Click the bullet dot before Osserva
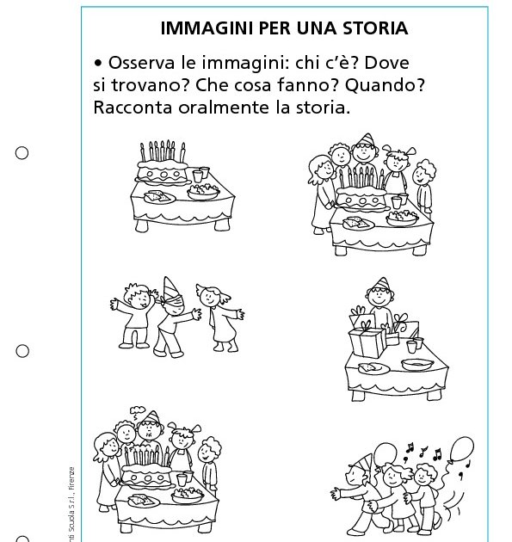pyautogui.click(x=98, y=65)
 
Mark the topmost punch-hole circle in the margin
pyautogui.click(x=22, y=153)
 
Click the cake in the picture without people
pyautogui.click(x=163, y=169)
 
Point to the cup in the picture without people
pyautogui.click(x=200, y=176)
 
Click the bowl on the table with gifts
pyautogui.click(x=416, y=365)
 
